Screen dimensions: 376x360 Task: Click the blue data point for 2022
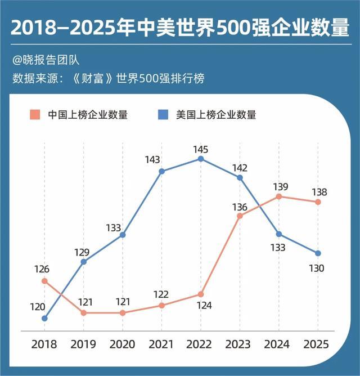coord(201,159)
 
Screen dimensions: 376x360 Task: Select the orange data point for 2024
coord(279,196)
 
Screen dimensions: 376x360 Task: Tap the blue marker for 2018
coord(44,318)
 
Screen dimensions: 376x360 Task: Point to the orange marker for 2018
coord(44,280)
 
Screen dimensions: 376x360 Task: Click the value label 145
coord(201,149)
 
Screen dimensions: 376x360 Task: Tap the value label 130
coord(317,268)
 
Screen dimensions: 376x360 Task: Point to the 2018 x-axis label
coord(44,344)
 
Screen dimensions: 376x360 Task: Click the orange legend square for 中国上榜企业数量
coord(35,115)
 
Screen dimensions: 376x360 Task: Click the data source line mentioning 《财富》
coord(107,78)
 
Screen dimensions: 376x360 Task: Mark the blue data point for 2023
coord(240,177)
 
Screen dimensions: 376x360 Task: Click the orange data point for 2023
coord(240,216)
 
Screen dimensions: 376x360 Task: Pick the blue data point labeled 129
coord(84,261)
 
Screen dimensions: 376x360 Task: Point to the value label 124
coord(201,306)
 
